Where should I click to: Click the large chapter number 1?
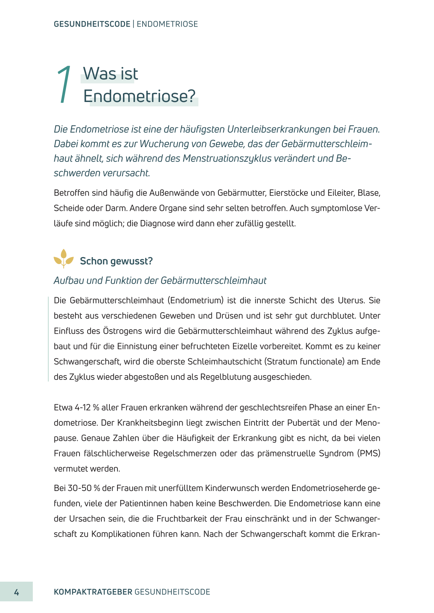(64, 85)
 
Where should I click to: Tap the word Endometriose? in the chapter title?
(139, 96)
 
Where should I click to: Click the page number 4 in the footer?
(16, 592)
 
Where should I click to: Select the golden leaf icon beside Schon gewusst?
(63, 259)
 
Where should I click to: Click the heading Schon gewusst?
(116, 261)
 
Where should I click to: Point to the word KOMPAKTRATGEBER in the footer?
(93, 592)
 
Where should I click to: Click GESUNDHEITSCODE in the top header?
(92, 24)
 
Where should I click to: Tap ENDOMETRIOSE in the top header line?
(167, 24)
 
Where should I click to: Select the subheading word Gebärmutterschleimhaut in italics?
(213, 280)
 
